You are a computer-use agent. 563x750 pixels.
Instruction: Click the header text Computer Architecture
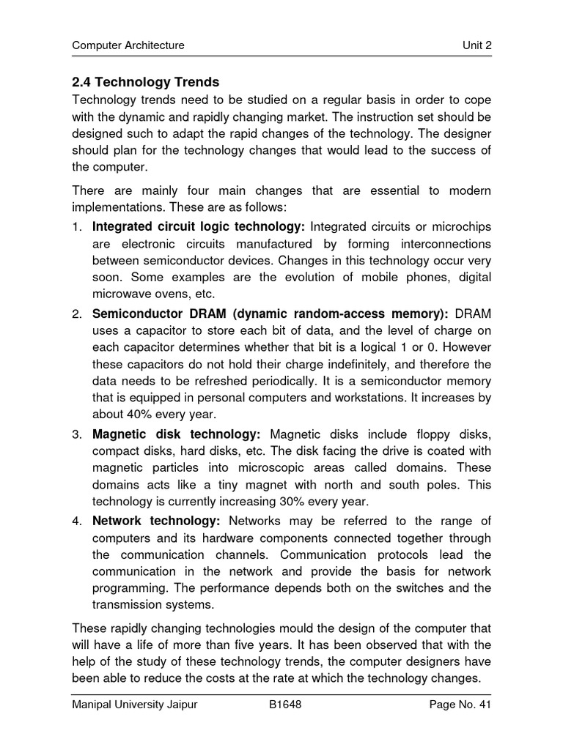click(x=128, y=45)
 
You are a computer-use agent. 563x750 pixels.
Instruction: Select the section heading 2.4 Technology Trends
click(x=145, y=82)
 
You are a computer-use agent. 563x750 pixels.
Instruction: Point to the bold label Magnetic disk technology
click(x=176, y=434)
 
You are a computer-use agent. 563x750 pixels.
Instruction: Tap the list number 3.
click(x=76, y=434)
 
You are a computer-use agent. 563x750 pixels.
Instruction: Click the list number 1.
click(x=76, y=226)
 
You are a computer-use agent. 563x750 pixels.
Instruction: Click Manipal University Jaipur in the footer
click(x=134, y=705)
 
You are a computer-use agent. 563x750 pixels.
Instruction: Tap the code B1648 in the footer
click(x=285, y=705)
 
